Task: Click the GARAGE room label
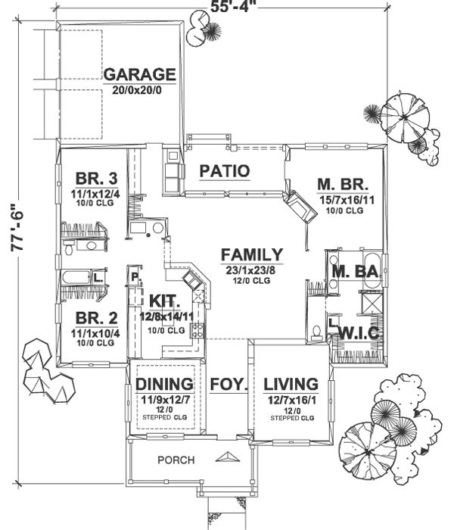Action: click(140, 75)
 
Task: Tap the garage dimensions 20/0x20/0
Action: click(140, 89)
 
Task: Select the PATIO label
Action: click(224, 171)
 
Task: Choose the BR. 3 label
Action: click(96, 179)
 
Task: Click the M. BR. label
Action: click(342, 184)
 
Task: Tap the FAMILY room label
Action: click(252, 255)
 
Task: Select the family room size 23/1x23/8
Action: click(252, 269)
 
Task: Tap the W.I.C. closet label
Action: click(359, 333)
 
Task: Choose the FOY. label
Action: click(229, 384)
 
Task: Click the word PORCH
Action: click(176, 460)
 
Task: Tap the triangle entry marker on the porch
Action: click(228, 457)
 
